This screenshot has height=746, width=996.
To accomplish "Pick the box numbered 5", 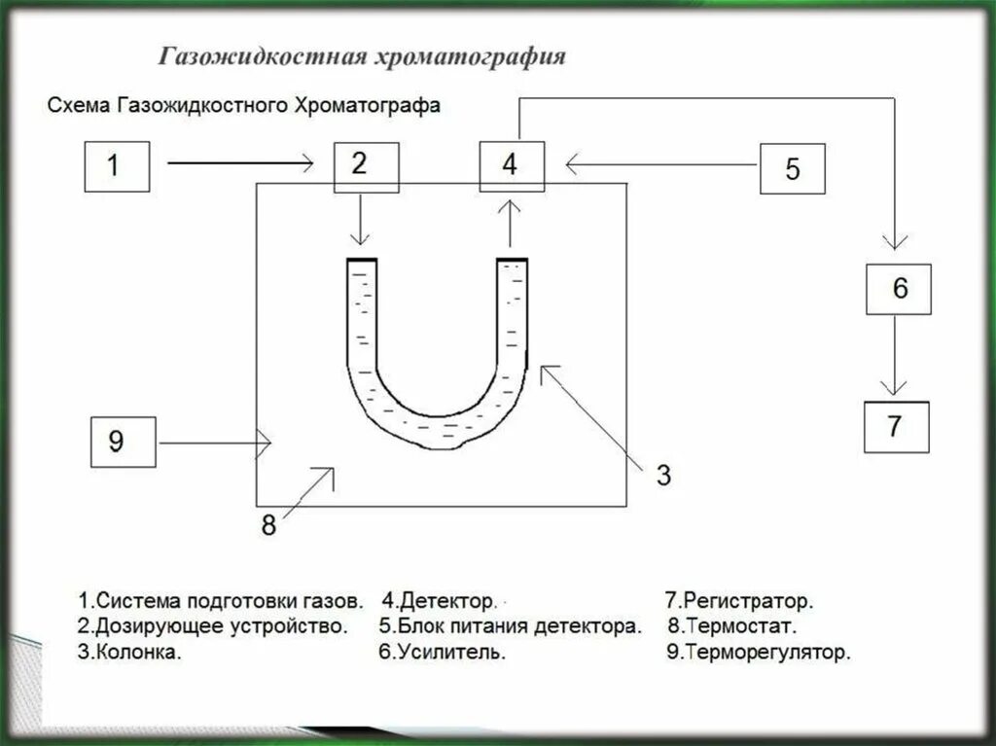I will [x=792, y=169].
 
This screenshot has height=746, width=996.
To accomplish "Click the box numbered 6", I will [x=899, y=289].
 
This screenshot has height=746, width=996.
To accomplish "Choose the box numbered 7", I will [x=897, y=426].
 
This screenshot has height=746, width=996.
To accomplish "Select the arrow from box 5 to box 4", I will [x=661, y=166].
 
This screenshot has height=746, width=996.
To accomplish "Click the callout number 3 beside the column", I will [x=662, y=476].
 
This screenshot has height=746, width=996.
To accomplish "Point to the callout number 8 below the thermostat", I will [x=269, y=525].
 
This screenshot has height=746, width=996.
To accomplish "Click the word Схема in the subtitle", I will [x=79, y=106].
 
